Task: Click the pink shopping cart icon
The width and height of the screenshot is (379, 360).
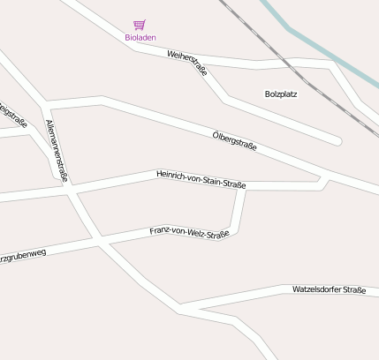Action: (x=139, y=25)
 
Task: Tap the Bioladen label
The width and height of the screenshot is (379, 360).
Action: (x=140, y=37)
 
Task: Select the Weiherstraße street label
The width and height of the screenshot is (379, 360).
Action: (x=186, y=64)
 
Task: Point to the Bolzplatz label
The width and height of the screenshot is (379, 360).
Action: (x=281, y=93)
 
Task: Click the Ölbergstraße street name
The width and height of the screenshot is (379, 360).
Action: (x=235, y=140)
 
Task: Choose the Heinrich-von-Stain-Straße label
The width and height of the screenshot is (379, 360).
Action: (x=201, y=179)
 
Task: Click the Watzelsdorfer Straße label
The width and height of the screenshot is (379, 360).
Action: (x=329, y=289)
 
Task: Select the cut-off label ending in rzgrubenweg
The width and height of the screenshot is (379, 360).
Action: (x=23, y=254)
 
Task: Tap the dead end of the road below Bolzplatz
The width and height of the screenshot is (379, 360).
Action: (x=337, y=140)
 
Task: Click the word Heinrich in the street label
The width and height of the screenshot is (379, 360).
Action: (x=171, y=175)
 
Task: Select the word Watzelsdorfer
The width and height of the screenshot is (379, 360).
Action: (x=316, y=289)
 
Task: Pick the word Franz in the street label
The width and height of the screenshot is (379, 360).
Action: (x=160, y=231)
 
